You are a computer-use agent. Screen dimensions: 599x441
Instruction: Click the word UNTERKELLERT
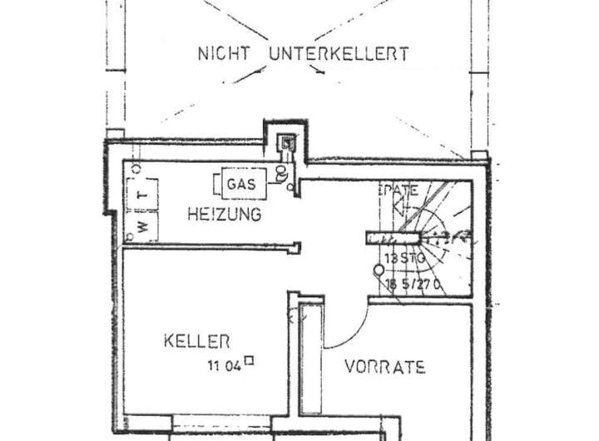tap(339, 54)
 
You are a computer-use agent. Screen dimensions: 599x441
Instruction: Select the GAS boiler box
tap(243, 183)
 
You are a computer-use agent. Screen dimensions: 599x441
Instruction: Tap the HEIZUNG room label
tap(224, 214)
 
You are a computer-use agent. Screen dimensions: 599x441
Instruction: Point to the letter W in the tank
tap(142, 225)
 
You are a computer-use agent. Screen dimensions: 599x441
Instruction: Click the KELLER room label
tap(196, 340)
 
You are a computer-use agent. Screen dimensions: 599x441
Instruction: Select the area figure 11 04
tap(225, 363)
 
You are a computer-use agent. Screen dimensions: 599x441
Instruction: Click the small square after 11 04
tap(249, 361)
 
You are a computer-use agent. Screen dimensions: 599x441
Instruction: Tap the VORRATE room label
tap(385, 366)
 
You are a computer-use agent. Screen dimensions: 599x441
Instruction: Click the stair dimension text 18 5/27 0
tap(412, 284)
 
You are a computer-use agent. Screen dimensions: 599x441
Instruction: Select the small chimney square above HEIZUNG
tap(287, 141)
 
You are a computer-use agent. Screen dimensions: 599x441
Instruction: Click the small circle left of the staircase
tap(379, 270)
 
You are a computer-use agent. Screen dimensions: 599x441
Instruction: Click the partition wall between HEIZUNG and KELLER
tap(212, 246)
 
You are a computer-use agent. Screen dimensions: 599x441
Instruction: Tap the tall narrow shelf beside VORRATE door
tap(311, 358)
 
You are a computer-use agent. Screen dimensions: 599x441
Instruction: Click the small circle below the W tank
tap(131, 238)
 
